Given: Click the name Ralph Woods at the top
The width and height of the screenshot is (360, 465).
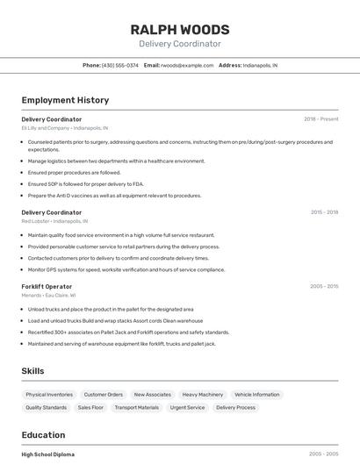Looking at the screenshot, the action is tap(180, 29).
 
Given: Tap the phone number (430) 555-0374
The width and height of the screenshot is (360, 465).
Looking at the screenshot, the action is tap(120, 65).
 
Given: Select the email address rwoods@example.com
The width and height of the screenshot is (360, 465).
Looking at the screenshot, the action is tap(186, 65).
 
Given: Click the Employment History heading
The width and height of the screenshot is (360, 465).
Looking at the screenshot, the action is tap(65, 100).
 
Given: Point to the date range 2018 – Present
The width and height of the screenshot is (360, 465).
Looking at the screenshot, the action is tap(320, 119).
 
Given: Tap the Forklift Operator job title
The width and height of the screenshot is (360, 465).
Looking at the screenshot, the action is tap(47, 286).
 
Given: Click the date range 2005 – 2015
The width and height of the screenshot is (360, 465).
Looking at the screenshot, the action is tap(323, 286).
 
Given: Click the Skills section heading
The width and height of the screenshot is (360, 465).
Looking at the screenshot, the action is tap(32, 371).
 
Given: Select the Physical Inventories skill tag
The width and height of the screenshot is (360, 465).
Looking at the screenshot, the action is tap(49, 395).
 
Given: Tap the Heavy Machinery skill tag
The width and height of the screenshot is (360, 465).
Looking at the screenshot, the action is tap(202, 395).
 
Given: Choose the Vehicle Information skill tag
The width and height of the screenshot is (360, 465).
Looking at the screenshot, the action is tap(256, 395).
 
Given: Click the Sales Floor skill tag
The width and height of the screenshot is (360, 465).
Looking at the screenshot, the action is tap(90, 407).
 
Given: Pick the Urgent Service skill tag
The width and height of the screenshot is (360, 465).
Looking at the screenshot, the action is tap(187, 407).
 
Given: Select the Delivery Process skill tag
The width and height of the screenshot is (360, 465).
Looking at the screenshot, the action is tap(235, 407).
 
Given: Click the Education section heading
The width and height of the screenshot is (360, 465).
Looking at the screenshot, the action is tap(43, 435).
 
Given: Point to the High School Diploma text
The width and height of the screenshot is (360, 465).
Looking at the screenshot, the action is tap(48, 454).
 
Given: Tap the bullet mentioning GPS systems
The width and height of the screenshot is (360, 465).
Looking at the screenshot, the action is tap(126, 269).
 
